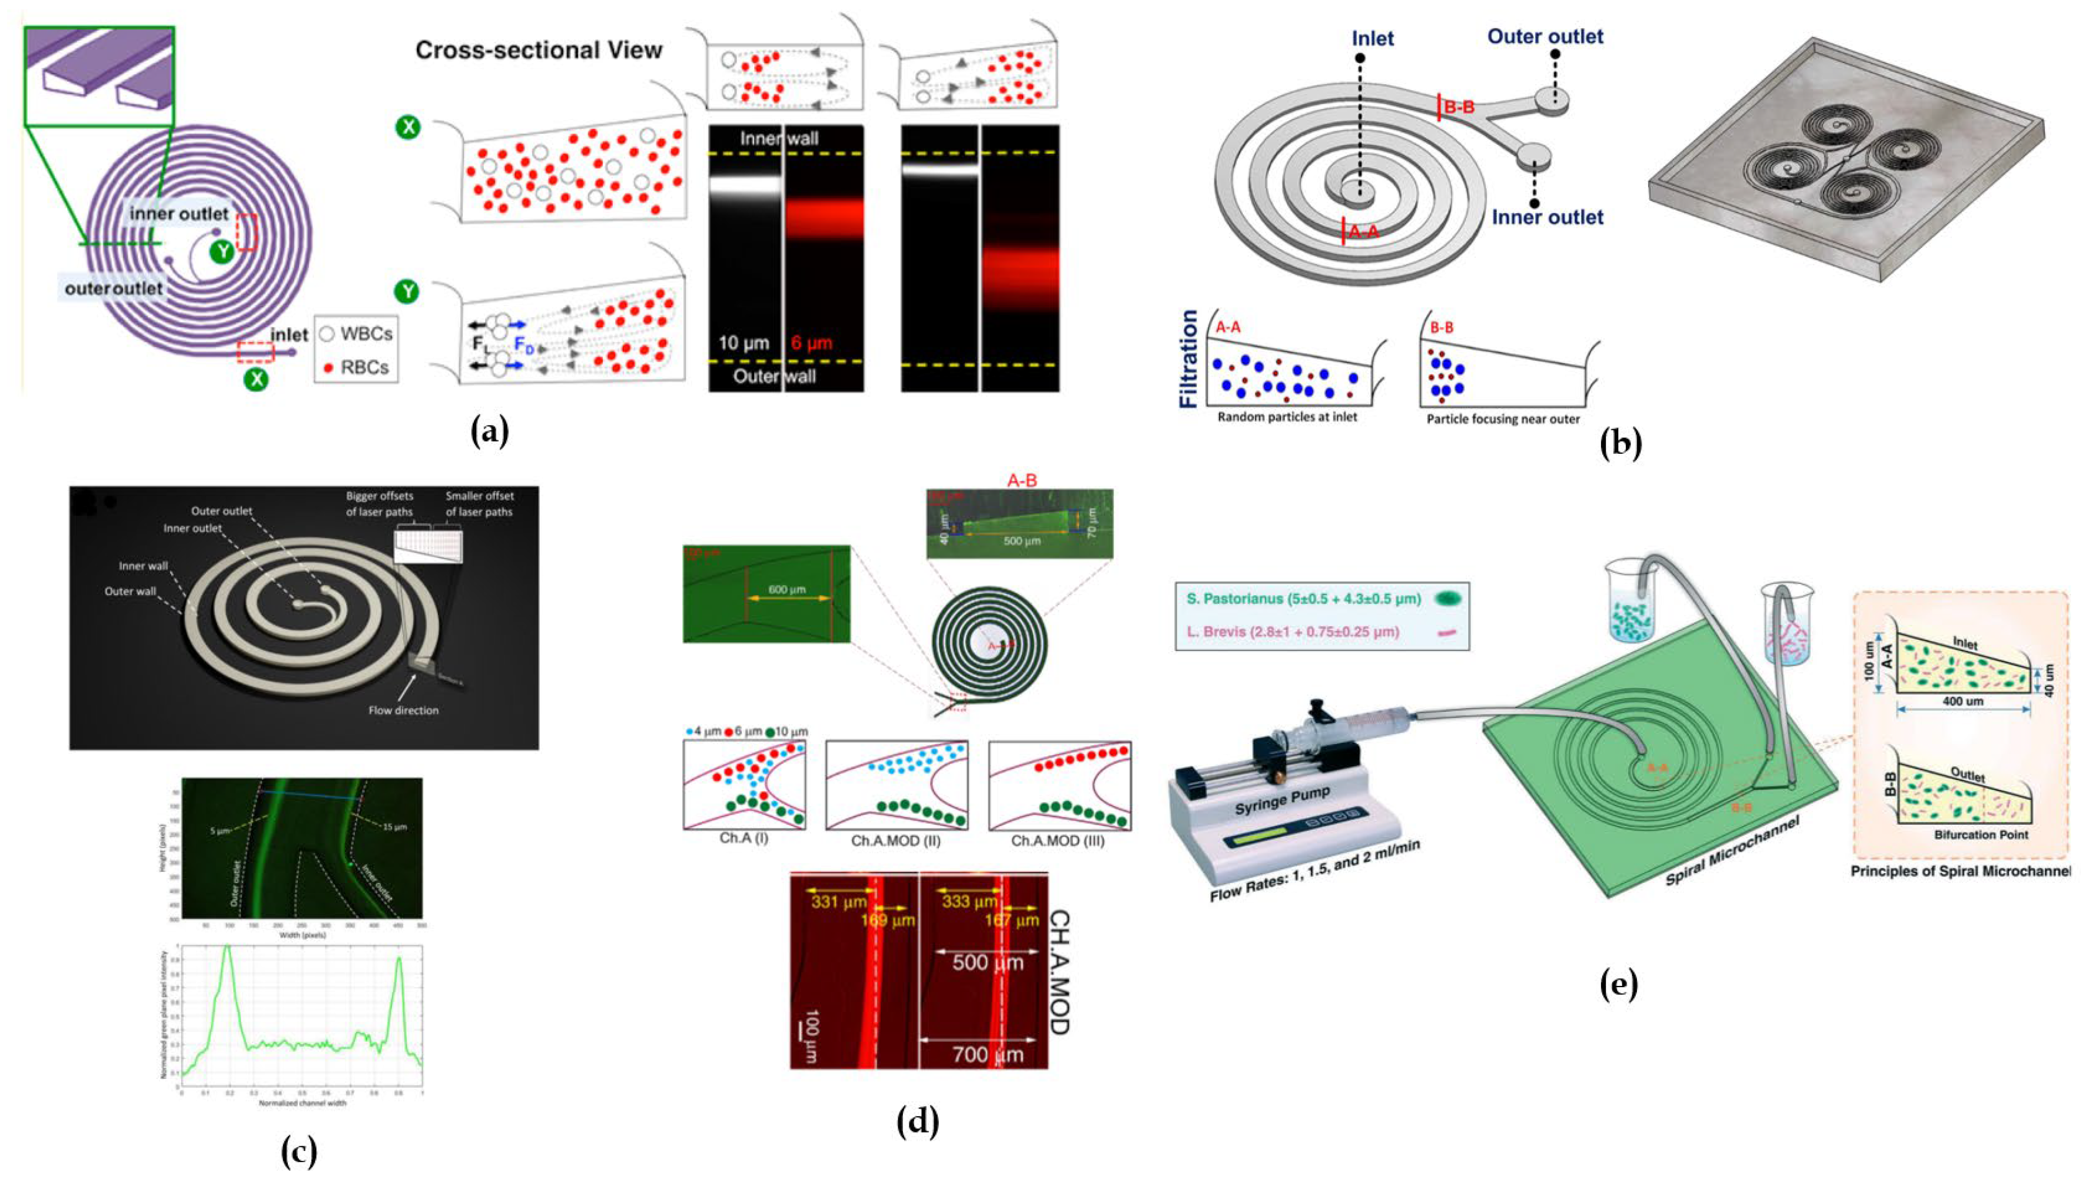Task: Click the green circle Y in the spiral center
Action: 221,253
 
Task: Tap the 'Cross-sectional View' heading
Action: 538,51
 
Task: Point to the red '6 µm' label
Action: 812,343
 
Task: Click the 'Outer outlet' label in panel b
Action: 1545,36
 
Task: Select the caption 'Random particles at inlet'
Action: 1287,417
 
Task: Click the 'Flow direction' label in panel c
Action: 403,710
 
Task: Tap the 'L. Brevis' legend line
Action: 1293,631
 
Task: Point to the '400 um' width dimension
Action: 1963,700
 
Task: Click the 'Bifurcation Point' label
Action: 1981,835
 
